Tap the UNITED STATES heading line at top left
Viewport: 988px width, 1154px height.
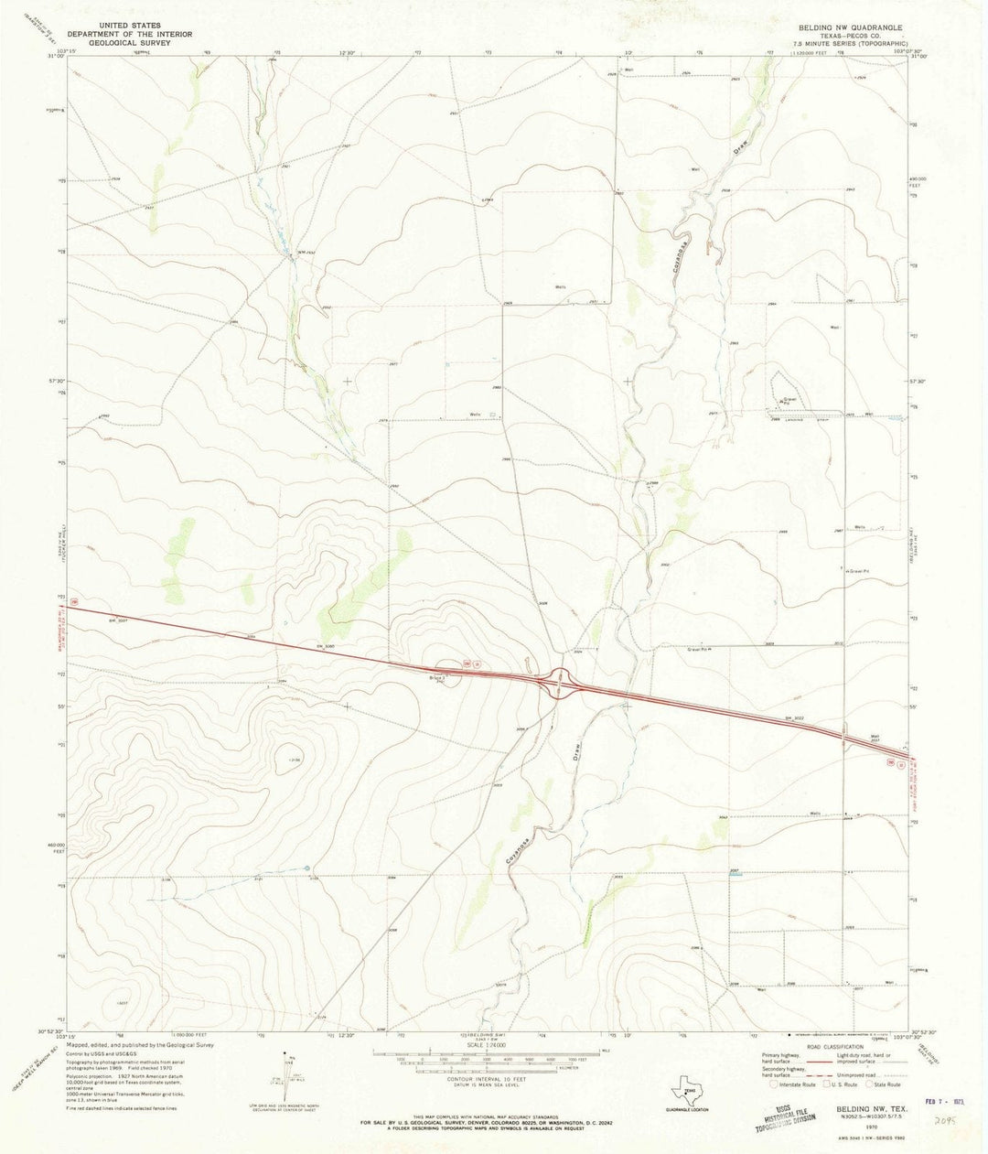click(x=133, y=26)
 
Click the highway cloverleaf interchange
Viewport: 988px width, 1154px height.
click(x=560, y=682)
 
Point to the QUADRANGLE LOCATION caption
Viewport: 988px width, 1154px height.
click(x=687, y=1109)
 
